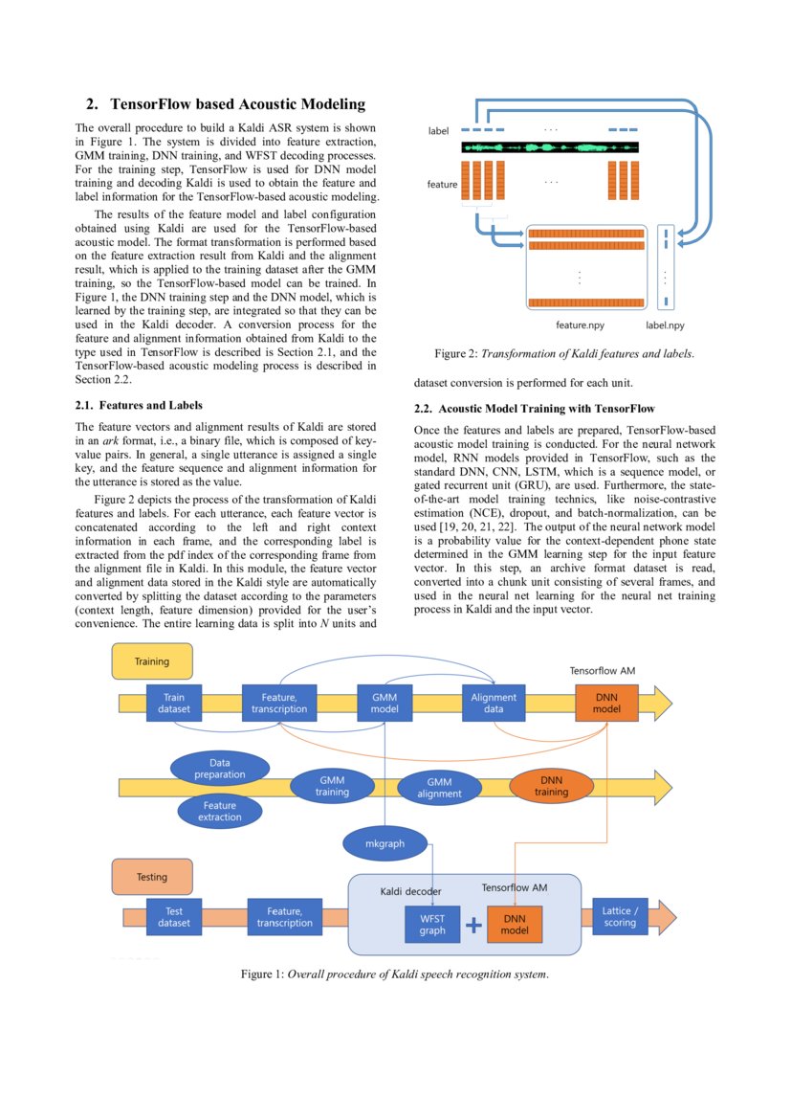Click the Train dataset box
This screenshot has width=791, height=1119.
(174, 704)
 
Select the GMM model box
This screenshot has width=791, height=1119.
(384, 704)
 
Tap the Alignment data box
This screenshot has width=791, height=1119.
(494, 704)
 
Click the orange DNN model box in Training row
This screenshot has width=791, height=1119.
(606, 704)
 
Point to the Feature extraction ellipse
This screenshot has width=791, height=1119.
(220, 812)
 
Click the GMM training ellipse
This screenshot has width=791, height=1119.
(332, 786)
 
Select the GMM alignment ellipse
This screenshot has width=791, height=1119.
(439, 788)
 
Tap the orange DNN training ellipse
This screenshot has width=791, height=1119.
(551, 786)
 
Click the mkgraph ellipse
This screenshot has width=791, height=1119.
(385, 843)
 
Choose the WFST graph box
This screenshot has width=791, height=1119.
(432, 925)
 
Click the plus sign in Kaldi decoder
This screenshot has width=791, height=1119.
(473, 926)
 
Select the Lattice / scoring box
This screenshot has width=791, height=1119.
(620, 917)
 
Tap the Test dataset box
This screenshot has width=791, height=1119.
(174, 917)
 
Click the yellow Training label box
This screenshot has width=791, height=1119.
(152, 661)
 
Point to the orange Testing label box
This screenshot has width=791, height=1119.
(152, 877)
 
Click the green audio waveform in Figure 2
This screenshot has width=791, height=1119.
(549, 148)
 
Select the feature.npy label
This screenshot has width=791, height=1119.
(580, 325)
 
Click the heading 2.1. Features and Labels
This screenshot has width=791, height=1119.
(139, 405)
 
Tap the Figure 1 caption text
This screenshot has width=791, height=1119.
(394, 974)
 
